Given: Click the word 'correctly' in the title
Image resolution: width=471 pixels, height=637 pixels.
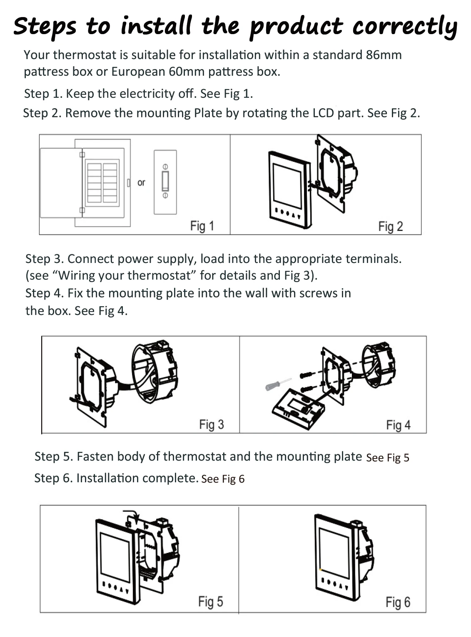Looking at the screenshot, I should pyautogui.click(x=404, y=26).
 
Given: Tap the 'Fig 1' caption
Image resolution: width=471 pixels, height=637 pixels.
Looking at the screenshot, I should pyautogui.click(x=202, y=226).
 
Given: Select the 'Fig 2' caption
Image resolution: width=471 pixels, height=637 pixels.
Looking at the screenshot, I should pyautogui.click(x=390, y=226).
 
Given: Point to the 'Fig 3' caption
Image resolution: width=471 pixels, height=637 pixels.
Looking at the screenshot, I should pyautogui.click(x=211, y=424).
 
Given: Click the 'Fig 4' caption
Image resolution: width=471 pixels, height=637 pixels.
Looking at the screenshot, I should pyautogui.click(x=398, y=425).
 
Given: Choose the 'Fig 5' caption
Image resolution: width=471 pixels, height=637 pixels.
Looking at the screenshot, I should pyautogui.click(x=210, y=602).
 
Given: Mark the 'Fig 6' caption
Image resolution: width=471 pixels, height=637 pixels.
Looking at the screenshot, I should pyautogui.click(x=398, y=602).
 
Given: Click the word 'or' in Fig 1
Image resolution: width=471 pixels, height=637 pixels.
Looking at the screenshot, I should pyautogui.click(x=141, y=183).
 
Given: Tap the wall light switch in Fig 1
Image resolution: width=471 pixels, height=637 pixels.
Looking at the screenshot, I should pyautogui.click(x=165, y=182).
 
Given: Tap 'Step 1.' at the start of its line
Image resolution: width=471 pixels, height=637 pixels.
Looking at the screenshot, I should pyautogui.click(x=43, y=94).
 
